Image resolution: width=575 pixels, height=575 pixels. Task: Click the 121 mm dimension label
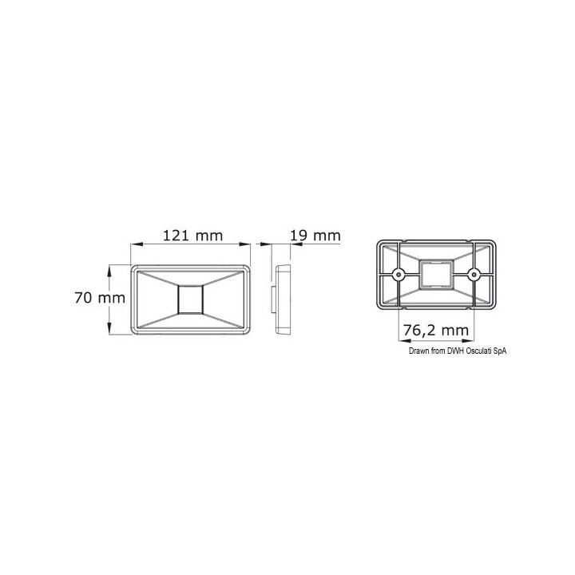192,236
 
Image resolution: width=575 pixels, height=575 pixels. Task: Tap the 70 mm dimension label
100,298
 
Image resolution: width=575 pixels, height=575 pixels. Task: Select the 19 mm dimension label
315,236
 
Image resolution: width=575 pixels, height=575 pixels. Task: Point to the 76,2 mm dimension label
436,331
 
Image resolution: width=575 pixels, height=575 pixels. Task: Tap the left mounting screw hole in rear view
399,274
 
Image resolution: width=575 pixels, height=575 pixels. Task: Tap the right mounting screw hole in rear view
474,274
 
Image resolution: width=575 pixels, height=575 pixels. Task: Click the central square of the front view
190,299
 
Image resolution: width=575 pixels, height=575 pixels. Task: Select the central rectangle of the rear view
436,274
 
